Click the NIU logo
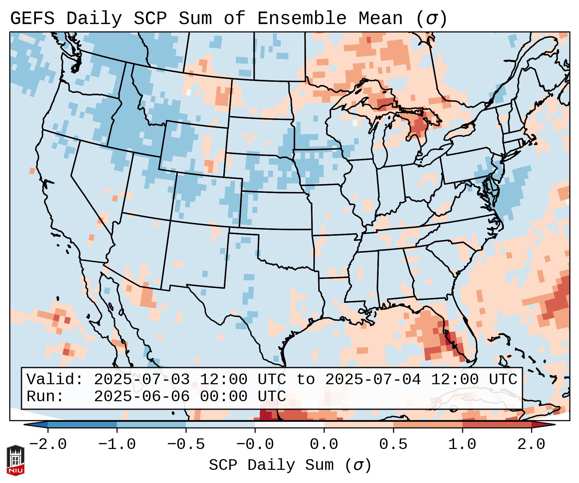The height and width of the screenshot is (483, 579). (15, 460)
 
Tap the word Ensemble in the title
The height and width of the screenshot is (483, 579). (302, 19)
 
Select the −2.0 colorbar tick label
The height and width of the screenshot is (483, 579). (48, 445)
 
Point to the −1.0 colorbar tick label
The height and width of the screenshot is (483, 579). (117, 445)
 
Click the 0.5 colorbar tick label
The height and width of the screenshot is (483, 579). (393, 445)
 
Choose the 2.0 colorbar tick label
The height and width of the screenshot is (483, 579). (531, 445)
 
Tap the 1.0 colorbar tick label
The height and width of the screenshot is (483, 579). (462, 445)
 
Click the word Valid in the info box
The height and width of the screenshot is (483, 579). (55, 380)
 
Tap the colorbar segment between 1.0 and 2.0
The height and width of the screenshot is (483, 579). (497, 425)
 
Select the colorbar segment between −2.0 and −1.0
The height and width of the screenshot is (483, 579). (82, 425)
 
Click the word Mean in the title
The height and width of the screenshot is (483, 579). (381, 19)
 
